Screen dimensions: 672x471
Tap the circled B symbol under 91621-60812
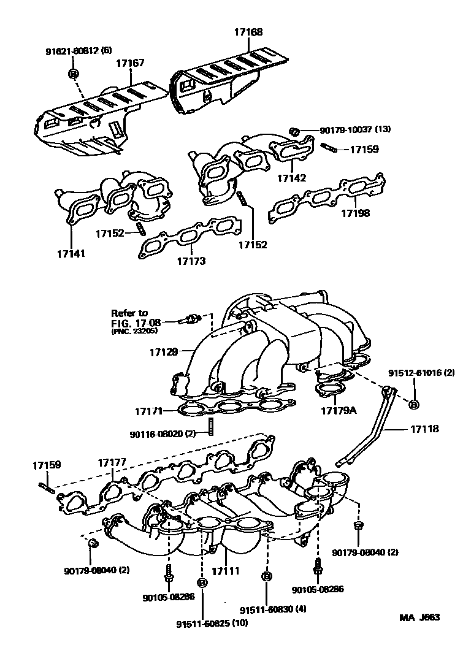73,74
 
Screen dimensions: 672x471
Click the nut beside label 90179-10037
294,131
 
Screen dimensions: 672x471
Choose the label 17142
291,178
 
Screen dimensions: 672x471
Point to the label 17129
163,352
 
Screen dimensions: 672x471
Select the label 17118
426,429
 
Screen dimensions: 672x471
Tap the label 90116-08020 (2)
162,433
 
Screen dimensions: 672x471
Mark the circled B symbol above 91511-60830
267,576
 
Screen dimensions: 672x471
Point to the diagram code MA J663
420,617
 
